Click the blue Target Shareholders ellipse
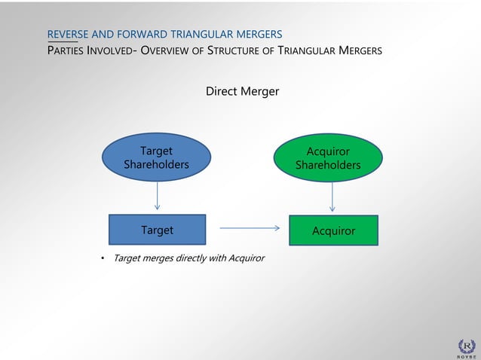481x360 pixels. (156, 157)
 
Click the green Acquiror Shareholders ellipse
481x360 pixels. (328, 158)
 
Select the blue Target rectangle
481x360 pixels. (157, 230)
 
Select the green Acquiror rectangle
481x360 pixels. (333, 230)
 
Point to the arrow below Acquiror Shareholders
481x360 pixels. (332, 197)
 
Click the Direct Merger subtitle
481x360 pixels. (242, 91)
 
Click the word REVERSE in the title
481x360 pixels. (69, 34)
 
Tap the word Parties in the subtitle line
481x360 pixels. (67, 51)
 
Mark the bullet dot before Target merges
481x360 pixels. (103, 258)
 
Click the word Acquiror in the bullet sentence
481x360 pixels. (244, 258)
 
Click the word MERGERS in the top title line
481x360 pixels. (257, 34)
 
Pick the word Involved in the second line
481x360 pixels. (112, 51)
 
